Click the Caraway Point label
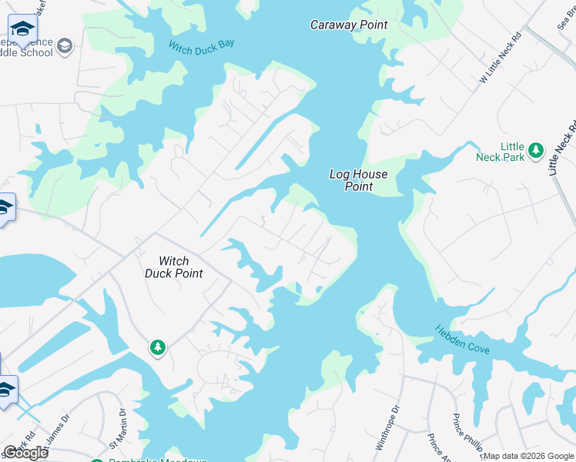(x=349, y=25)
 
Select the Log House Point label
(x=358, y=180)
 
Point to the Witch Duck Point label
(x=174, y=267)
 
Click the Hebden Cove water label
(x=463, y=339)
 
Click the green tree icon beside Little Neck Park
(x=536, y=150)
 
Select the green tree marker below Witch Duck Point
(x=158, y=348)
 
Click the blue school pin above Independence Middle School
(x=23, y=31)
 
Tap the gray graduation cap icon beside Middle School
(x=65, y=46)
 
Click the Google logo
(x=26, y=453)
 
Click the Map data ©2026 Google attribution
(x=527, y=456)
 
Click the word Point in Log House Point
(x=358, y=186)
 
